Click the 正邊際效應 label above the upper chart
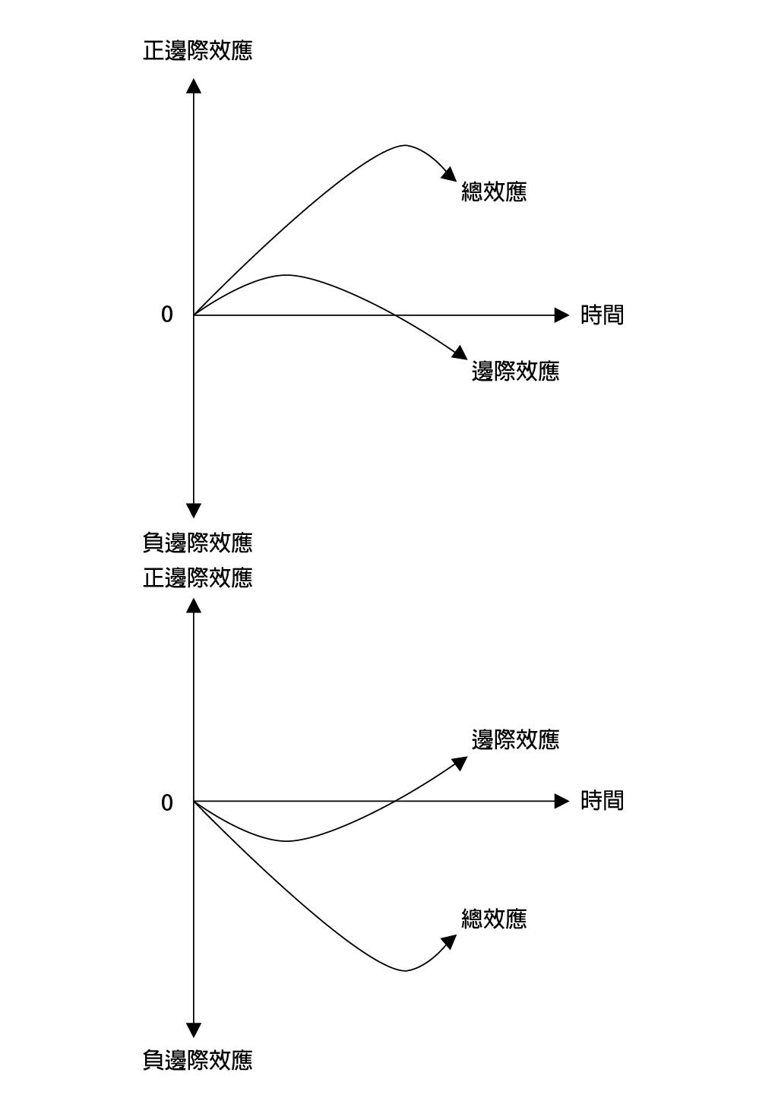pyautogui.click(x=198, y=51)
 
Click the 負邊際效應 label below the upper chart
pyautogui.click(x=198, y=543)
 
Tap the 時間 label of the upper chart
pyautogui.click(x=602, y=315)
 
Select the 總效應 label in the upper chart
pyautogui.click(x=494, y=191)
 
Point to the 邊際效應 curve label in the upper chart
pyautogui.click(x=516, y=371)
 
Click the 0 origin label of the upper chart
pyautogui.click(x=167, y=315)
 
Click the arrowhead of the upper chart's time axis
pyautogui.click(x=561, y=315)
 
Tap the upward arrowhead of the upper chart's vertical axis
pyautogui.click(x=194, y=86)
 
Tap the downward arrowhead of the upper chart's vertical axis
pyautogui.click(x=194, y=510)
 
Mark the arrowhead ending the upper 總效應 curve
pyautogui.click(x=450, y=175)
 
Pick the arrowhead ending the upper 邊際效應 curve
pyautogui.click(x=460, y=353)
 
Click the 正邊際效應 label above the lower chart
pyautogui.click(x=198, y=577)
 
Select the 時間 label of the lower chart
pyautogui.click(x=602, y=800)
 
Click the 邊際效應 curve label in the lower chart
pyautogui.click(x=516, y=739)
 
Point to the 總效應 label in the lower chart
pyautogui.click(x=494, y=919)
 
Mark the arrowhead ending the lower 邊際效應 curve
pyautogui.click(x=460, y=764)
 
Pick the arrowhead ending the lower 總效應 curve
pyautogui.click(x=449, y=941)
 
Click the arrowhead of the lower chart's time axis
pyautogui.click(x=561, y=801)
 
